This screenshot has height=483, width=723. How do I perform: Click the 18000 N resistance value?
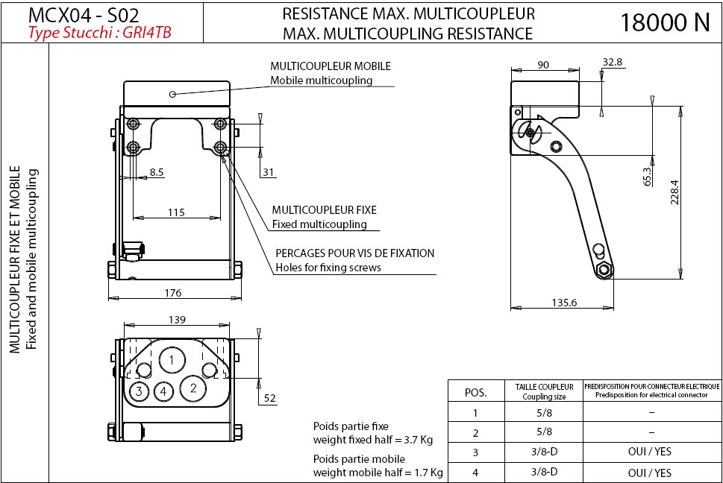665,22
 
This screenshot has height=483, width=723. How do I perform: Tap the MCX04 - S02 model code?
83,15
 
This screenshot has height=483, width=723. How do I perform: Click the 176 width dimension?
172,293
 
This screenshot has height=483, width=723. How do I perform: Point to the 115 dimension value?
175,212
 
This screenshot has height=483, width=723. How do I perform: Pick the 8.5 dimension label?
156,172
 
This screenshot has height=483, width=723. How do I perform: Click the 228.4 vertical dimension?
674,192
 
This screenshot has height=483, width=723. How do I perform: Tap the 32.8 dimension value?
613,63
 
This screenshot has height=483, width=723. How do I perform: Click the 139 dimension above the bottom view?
177,320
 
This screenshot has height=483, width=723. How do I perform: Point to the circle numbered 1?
172,361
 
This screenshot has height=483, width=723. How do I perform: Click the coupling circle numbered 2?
193,387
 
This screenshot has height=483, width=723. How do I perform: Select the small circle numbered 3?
139,391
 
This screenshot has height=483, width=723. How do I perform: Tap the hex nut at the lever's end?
603,270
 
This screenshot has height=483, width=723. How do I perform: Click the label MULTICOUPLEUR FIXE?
324,210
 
